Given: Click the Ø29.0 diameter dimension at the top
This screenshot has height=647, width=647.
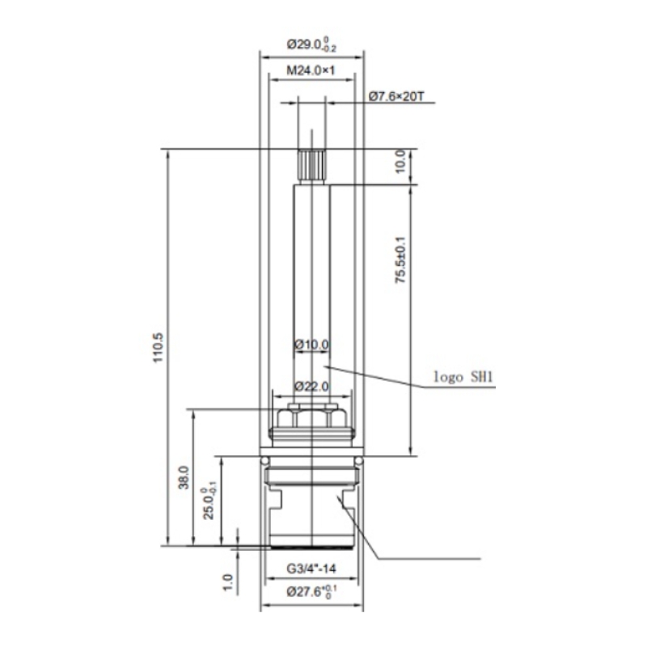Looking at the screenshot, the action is point(312,44).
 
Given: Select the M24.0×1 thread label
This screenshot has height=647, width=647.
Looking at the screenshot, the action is point(311,70).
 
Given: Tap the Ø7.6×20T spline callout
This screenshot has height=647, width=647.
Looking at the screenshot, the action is point(396,96).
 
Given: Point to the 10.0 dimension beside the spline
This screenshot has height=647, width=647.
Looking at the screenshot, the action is point(400,163).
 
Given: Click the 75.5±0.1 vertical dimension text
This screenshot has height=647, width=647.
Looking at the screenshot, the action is point(400,260).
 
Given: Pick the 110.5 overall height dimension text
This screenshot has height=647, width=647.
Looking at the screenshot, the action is point(159,348).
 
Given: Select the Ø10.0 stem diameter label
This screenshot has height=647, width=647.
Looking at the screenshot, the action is point(312,345).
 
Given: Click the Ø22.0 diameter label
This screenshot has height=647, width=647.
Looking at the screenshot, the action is point(312,387).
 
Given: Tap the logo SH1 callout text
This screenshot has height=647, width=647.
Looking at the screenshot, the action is point(463,376).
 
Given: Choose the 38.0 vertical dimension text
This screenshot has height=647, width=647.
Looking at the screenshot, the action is point(184,478).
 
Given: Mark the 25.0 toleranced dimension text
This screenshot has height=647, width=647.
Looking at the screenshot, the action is point(210,503).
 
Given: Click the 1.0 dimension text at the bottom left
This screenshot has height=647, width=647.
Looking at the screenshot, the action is point(228,582).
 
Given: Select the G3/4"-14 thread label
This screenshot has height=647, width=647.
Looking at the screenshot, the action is point(311,569).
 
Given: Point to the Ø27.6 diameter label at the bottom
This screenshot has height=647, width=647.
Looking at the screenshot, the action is point(312,592).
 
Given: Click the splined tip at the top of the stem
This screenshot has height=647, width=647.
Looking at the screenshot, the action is point(312,167).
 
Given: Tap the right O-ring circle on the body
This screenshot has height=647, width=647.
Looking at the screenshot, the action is point(359,460).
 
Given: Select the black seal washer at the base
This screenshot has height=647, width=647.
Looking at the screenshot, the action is point(312,548).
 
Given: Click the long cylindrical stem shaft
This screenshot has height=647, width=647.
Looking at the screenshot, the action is point(312,295).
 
